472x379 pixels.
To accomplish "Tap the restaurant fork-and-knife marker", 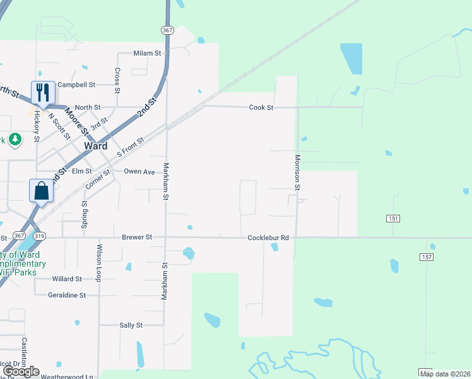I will click(x=43, y=92).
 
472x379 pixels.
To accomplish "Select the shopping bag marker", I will click(x=41, y=191).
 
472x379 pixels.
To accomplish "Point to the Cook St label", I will click(x=261, y=107).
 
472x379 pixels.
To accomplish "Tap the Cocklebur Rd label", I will click(x=268, y=238).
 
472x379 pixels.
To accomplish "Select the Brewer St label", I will click(x=137, y=238).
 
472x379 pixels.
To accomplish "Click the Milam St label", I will click(x=147, y=53).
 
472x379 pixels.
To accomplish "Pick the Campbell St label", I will click(x=76, y=84).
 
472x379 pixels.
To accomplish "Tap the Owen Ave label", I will click(x=139, y=171).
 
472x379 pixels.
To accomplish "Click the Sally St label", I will click(x=131, y=325).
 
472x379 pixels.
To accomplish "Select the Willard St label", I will click(x=67, y=279).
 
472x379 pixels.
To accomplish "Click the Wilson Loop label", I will click(x=99, y=263).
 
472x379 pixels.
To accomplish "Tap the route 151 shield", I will click(x=393, y=218).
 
